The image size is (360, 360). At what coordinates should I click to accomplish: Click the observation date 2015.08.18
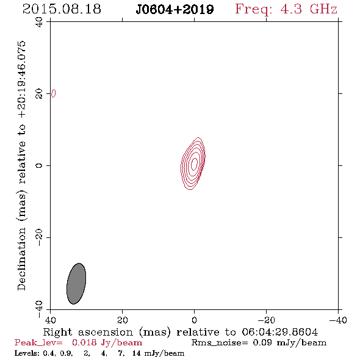(62, 9)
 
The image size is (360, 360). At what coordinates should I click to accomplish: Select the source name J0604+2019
(175, 10)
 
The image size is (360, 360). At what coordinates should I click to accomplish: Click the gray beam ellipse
(76, 284)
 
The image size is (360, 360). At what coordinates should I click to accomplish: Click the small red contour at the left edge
(54, 93)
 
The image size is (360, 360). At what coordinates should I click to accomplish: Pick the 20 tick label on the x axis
(122, 320)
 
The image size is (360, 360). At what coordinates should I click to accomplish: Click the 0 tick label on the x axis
(194, 320)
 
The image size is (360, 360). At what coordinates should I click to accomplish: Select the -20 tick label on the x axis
(266, 320)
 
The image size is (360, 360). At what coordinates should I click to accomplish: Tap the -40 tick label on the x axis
(338, 320)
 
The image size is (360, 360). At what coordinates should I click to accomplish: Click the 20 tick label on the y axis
(39, 94)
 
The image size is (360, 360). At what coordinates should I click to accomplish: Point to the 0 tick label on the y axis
(39, 165)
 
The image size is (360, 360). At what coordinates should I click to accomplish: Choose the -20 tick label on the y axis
(39, 237)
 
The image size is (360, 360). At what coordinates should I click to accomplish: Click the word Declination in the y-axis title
(21, 259)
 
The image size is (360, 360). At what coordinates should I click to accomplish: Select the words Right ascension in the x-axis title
(88, 332)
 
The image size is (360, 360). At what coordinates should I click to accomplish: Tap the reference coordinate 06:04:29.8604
(280, 332)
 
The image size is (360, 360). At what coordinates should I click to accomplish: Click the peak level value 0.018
(84, 342)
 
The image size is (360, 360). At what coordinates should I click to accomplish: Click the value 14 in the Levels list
(137, 353)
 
